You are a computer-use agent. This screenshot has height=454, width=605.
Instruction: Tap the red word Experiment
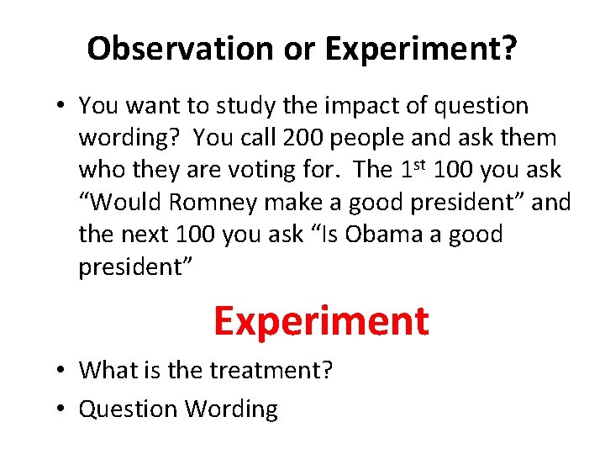tap(321, 320)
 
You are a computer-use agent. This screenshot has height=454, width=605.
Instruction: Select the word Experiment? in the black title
tap(421, 50)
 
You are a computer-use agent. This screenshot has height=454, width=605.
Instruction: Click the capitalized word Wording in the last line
tap(231, 409)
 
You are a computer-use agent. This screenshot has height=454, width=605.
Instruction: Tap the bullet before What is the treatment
tap(60, 371)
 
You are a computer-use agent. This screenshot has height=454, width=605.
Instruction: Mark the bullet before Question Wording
tap(60, 409)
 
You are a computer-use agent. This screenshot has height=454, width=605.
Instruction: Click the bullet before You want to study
tap(60, 107)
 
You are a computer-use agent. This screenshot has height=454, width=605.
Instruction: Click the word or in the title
tap(297, 50)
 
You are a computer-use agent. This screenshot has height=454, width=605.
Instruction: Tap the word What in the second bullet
tap(105, 370)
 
